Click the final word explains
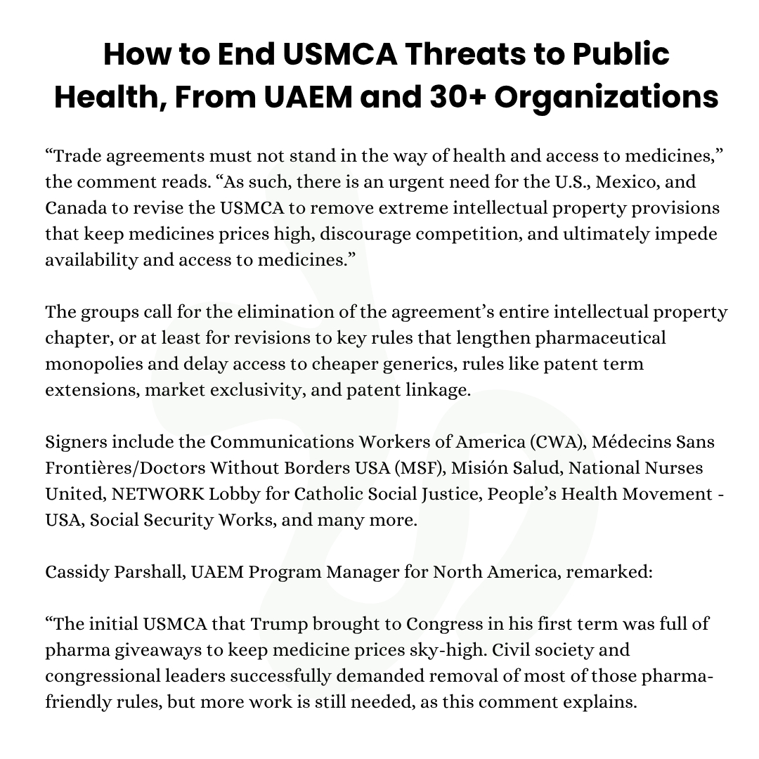tap(602, 701)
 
